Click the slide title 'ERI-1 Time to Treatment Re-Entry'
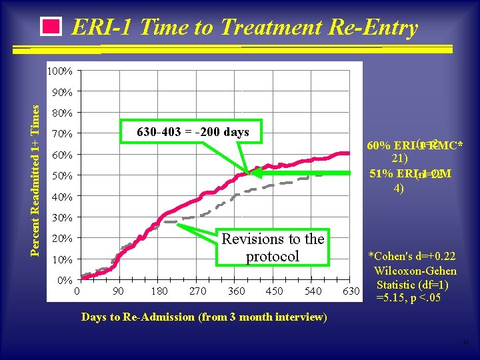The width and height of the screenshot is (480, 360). pos(244,28)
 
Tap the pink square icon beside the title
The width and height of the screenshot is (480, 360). pos(51,27)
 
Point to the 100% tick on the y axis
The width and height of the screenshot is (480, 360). pos(61,71)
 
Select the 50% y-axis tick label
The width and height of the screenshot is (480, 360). pos(62,176)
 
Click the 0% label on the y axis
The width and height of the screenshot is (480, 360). pos(64,280)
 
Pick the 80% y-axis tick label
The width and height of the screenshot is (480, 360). pos(62,113)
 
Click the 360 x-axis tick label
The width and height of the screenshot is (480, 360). pos(236,291)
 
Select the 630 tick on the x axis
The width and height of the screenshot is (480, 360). pos(350,291)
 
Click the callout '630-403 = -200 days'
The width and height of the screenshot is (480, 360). pos(193,132)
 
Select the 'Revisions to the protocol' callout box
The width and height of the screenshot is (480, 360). pos(273,247)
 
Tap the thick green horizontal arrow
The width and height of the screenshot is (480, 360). pos(303,173)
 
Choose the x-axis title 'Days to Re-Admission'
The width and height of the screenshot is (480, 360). pos(204,317)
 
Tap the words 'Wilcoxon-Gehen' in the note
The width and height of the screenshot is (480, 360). pos(415,271)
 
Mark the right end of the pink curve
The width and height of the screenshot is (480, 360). pos(348,153)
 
